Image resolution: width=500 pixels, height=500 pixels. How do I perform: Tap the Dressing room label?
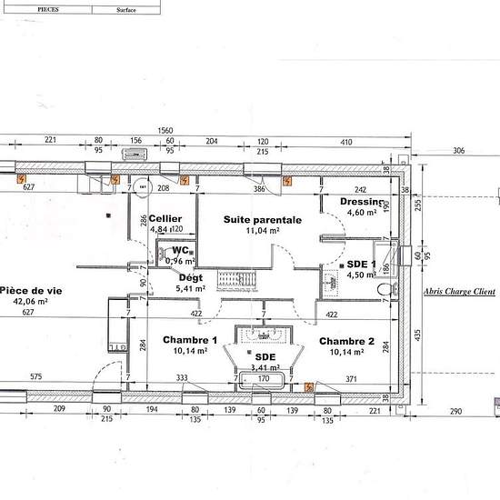(361, 201)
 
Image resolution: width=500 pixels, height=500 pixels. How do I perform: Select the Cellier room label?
(165, 218)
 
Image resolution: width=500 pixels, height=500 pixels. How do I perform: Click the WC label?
(180, 249)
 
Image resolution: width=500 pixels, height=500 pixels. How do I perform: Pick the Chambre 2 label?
(346, 341)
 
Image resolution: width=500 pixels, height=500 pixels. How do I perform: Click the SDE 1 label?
(362, 264)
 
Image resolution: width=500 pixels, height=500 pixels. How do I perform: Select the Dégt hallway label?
(191, 277)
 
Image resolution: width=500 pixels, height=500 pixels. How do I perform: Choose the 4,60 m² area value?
(361, 213)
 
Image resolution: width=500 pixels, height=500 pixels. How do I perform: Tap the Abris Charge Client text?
(459, 292)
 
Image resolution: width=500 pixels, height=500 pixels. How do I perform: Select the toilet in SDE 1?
(387, 290)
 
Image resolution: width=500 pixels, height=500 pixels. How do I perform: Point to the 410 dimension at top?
(345, 141)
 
